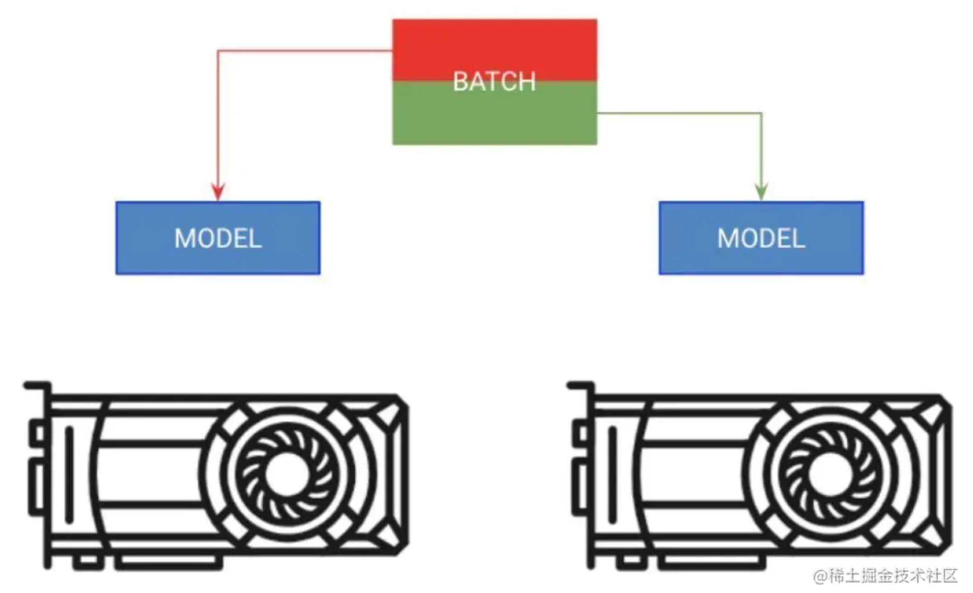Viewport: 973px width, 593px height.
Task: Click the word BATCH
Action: point(494,82)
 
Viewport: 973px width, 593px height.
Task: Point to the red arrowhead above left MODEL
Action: point(218,192)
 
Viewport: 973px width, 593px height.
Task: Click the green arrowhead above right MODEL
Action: point(761,192)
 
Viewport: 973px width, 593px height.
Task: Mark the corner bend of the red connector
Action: point(218,51)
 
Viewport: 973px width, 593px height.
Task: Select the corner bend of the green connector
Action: point(762,113)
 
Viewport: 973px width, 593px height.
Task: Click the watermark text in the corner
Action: point(885,576)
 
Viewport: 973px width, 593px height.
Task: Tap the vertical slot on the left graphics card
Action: point(69,474)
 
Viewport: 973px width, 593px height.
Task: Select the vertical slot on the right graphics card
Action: point(612,474)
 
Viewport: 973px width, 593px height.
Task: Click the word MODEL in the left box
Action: point(218,238)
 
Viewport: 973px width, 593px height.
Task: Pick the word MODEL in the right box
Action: point(761,238)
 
